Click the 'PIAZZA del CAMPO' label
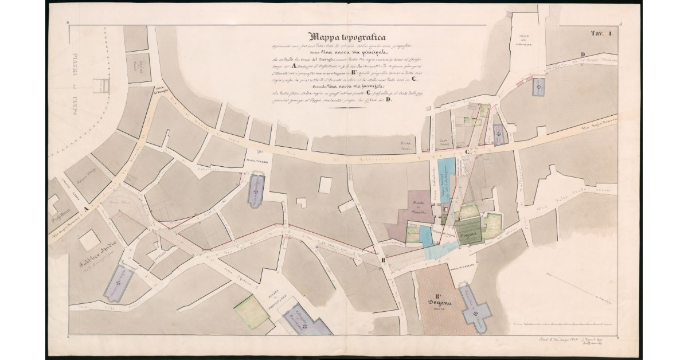click(76, 86)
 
